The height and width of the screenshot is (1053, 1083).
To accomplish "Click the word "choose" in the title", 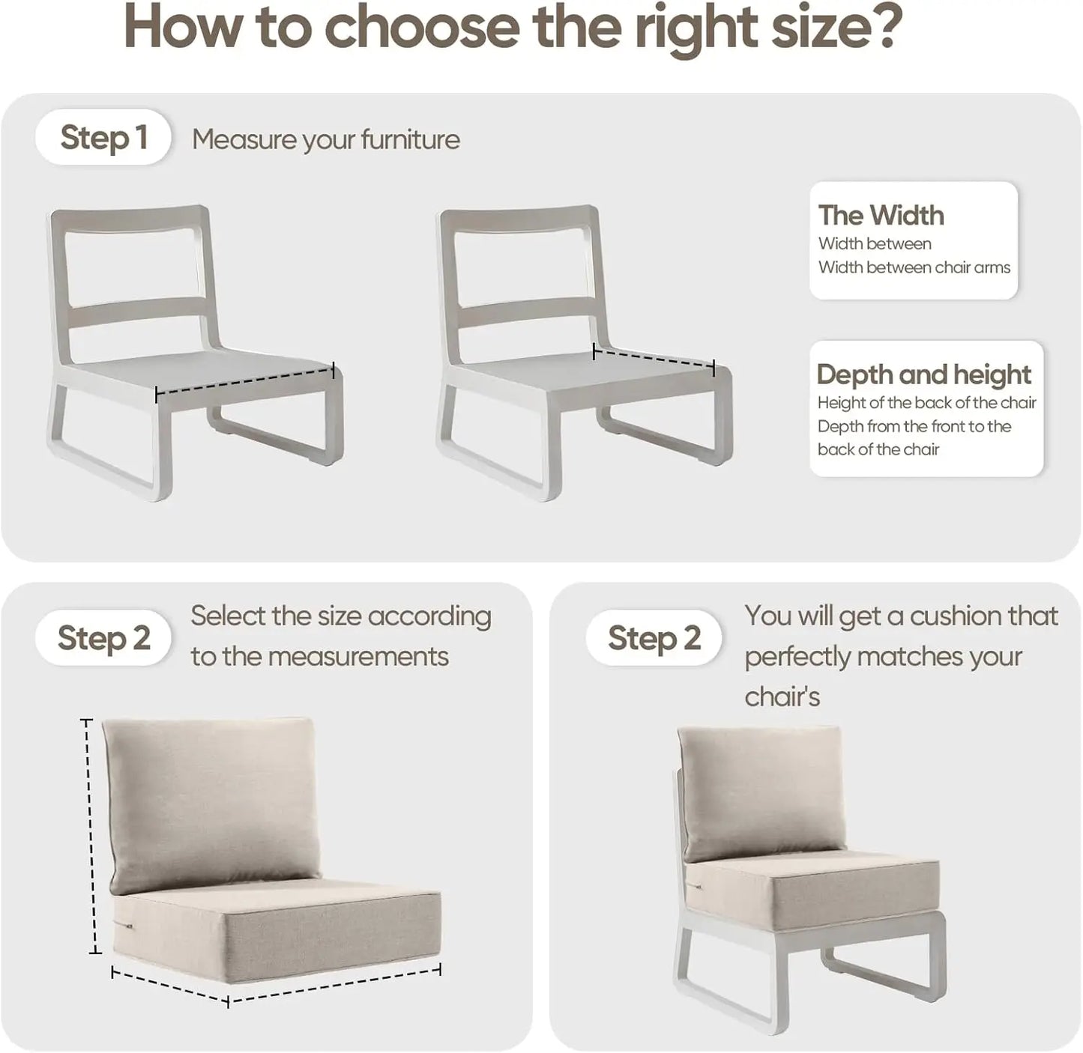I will [421, 28].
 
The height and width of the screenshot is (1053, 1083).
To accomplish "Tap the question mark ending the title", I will [887, 28].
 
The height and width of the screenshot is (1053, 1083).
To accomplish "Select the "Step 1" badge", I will [103, 138].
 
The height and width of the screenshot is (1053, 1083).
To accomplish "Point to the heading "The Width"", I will [881, 216].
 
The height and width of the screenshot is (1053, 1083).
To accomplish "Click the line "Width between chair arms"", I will [914, 267].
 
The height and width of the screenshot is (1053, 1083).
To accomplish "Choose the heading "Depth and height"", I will [923, 374].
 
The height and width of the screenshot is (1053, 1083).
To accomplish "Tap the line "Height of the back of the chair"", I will [926, 403].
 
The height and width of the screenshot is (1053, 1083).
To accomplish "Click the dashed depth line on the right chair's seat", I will [654, 359].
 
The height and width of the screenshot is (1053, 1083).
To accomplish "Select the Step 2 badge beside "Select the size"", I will [103, 638].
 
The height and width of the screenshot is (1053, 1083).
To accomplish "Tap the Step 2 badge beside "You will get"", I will [654, 638].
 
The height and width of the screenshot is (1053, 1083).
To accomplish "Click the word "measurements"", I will [358, 657].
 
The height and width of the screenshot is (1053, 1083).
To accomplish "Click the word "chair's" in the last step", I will [782, 697].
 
